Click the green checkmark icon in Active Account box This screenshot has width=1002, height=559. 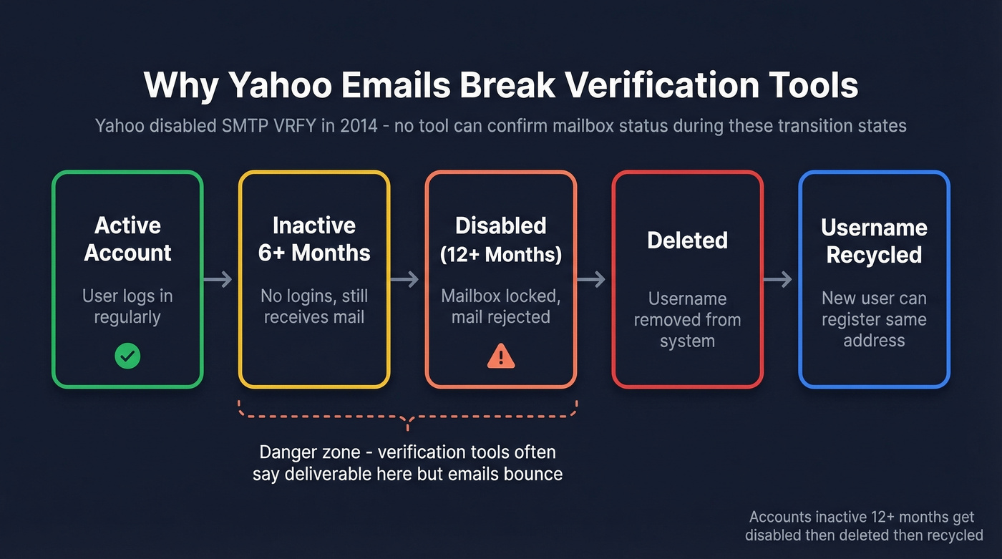click(127, 356)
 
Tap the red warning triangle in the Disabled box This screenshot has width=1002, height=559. click(500, 356)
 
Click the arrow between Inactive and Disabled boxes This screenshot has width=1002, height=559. click(404, 279)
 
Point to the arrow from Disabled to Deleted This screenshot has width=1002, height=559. click(591, 279)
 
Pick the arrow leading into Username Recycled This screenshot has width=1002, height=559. click(778, 279)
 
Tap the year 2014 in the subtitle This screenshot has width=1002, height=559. click(359, 126)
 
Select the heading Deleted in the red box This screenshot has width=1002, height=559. click(687, 240)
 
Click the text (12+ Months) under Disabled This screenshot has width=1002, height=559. click(500, 254)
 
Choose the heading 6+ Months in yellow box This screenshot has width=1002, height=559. click(314, 253)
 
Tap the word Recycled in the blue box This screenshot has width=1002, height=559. click(874, 255)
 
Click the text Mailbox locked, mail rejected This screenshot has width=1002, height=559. click(500, 306)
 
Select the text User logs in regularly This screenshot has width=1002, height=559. click(127, 306)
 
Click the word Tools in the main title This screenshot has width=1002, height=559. click(808, 86)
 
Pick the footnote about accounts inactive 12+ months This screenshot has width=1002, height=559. click(863, 526)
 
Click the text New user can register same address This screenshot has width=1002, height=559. click(874, 319)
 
